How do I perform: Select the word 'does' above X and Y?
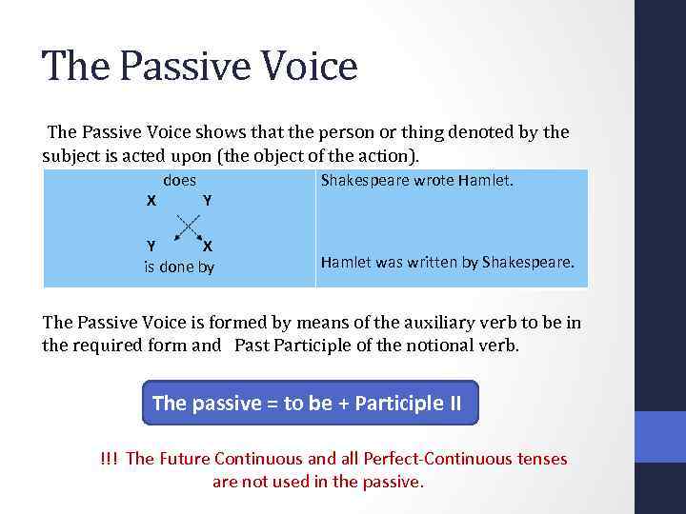pyautogui.click(x=180, y=180)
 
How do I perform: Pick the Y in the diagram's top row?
pyautogui.click(x=207, y=201)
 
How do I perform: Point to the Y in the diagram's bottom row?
pyautogui.click(x=151, y=246)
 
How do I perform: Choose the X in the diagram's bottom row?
pyautogui.click(x=207, y=246)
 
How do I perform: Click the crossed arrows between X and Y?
pyautogui.click(x=188, y=225)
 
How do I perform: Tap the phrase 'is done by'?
pyautogui.click(x=179, y=267)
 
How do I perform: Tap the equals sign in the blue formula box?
pyautogui.click(x=271, y=403)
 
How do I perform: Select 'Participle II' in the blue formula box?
pyautogui.click(x=408, y=403)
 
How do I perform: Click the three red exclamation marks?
pyautogui.click(x=109, y=459)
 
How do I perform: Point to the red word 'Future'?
pyautogui.click(x=185, y=459)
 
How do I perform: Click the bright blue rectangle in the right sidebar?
pyautogui.click(x=660, y=437)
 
